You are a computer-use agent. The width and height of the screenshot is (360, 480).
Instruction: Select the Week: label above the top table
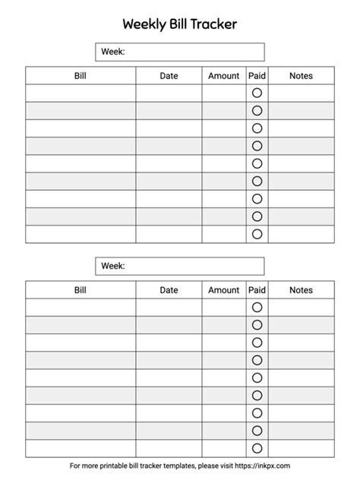point(112,52)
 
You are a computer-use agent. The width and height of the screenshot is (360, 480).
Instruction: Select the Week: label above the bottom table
point(112,266)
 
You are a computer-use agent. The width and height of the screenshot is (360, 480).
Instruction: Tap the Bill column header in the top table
point(81,76)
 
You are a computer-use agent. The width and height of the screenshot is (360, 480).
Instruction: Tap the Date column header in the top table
point(169,76)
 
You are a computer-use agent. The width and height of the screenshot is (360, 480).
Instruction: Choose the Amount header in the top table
point(223,76)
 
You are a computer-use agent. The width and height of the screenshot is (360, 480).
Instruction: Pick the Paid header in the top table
point(257,76)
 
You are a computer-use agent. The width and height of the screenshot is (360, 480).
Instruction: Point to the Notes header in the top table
point(301,76)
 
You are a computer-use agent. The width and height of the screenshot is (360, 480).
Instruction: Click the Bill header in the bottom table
point(81,290)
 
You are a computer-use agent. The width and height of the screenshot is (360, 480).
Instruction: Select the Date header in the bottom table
point(169,290)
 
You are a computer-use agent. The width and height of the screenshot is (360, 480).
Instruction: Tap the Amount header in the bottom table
point(223,290)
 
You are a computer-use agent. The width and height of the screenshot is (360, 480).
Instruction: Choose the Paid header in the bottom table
point(257,290)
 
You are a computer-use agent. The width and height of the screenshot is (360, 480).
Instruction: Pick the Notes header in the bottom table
point(301,290)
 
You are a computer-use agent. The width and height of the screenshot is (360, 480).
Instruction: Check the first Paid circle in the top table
point(257,93)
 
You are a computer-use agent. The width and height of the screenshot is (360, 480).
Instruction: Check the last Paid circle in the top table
point(257,234)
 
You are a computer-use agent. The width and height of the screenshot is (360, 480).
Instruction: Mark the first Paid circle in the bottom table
point(257,307)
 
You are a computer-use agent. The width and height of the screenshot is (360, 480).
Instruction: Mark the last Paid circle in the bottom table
point(257,448)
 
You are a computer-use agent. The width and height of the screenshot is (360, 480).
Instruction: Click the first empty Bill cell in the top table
point(81,93)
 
